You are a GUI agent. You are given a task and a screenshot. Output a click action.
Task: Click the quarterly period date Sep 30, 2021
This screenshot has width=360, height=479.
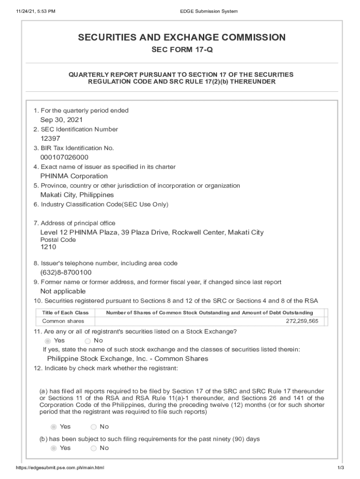(x=61, y=120)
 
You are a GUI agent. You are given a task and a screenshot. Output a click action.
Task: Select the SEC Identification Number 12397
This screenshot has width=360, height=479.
(x=50, y=138)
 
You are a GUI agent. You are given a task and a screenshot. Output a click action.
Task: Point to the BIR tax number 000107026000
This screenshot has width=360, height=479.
(x=64, y=157)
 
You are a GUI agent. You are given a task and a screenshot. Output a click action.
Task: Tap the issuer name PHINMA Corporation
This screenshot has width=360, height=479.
(x=74, y=176)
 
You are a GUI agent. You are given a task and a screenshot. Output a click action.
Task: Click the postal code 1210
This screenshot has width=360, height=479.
(x=48, y=247)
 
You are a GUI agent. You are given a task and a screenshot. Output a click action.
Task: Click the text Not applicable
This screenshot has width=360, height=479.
(x=63, y=291)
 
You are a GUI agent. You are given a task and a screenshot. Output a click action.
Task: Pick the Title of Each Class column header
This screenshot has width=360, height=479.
(x=65, y=312)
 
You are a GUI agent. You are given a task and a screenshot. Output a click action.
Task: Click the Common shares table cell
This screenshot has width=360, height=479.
(x=63, y=321)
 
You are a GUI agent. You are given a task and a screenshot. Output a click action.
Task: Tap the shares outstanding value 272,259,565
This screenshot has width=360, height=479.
(x=302, y=321)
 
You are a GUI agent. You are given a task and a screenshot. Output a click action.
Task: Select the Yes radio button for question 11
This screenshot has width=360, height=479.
(x=48, y=341)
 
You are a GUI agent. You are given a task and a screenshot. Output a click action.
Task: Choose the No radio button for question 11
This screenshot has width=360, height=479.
(x=87, y=341)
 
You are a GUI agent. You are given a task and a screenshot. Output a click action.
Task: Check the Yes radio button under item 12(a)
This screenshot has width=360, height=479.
(x=53, y=427)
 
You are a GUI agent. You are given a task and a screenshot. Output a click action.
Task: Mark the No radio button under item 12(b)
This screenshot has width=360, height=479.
(x=94, y=448)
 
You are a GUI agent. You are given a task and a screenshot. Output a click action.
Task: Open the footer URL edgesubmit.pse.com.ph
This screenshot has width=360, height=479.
(x=60, y=468)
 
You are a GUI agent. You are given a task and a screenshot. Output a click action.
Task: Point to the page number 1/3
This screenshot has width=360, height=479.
(x=340, y=468)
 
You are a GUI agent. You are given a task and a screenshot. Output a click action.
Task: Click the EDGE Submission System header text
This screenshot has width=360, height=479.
(x=209, y=11)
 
